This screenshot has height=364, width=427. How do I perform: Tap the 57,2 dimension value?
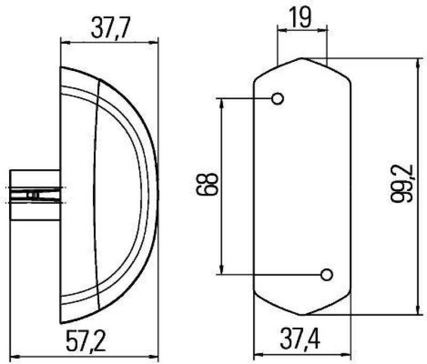click(86, 340)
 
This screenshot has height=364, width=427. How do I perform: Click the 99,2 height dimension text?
click(401, 184)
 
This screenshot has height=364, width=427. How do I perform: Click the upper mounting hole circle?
click(278, 99)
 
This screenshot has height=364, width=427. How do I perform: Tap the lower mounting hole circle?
click(326, 275)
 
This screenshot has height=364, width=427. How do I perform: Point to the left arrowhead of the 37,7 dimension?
click(64, 41)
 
